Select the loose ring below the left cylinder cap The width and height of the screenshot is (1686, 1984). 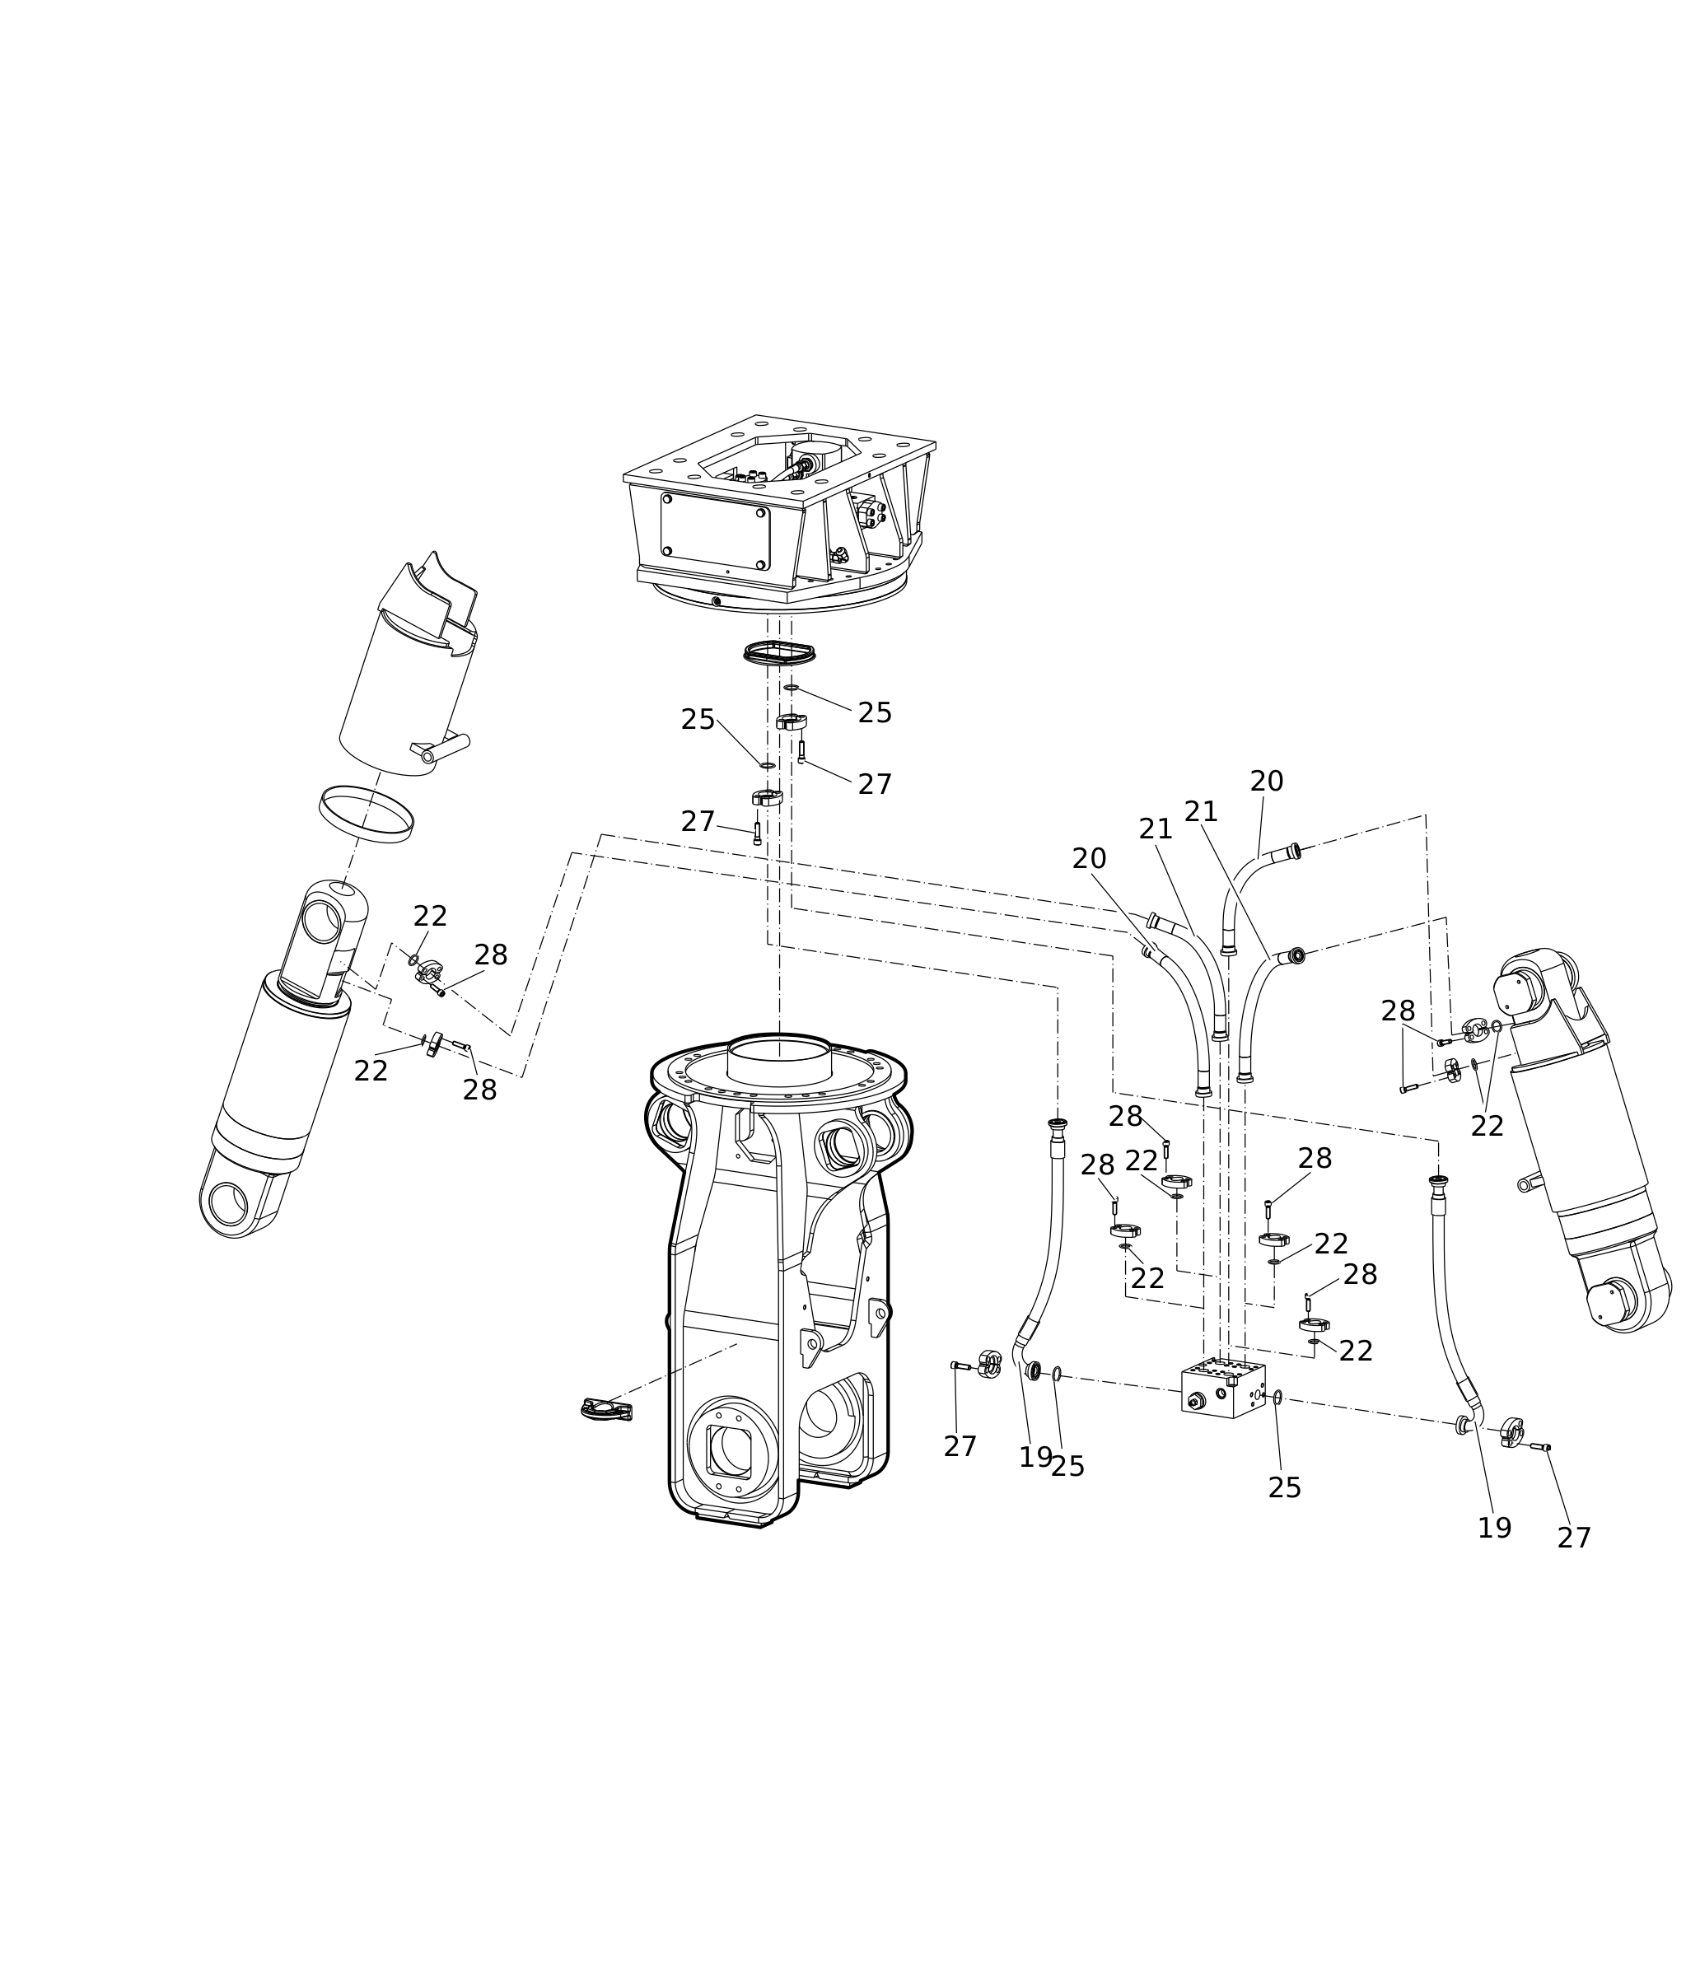tap(366, 815)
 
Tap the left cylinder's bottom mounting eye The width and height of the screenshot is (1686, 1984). tap(228, 1203)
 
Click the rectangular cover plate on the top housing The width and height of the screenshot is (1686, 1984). tap(715, 531)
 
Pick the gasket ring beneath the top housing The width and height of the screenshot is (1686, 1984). tap(779, 654)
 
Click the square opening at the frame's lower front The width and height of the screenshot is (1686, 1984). tap(729, 1449)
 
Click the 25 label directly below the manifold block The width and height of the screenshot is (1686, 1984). tap(1285, 1488)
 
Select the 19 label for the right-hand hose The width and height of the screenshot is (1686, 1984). tap(1495, 1528)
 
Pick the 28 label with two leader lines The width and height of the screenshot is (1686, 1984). tap(1398, 1011)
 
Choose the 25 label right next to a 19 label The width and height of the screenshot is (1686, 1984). tap(1067, 1467)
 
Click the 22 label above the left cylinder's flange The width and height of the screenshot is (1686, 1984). tap(430, 917)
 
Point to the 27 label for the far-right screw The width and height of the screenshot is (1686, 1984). tap(1573, 1538)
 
